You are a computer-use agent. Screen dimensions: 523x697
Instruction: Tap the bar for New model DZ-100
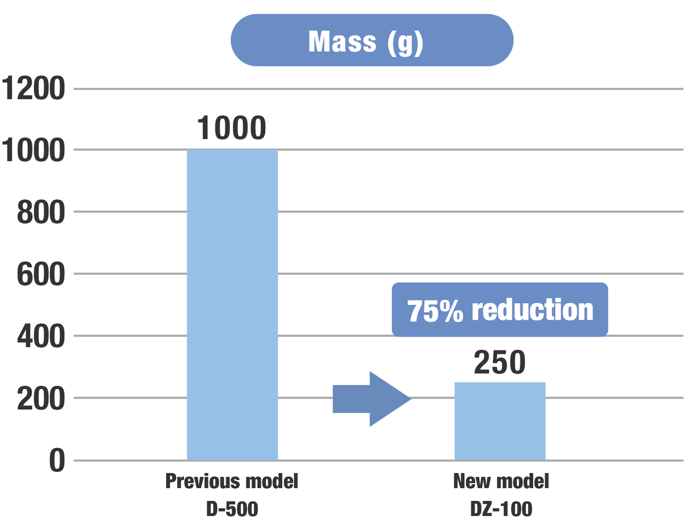[500, 421]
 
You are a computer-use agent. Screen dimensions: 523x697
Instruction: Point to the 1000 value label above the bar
[231, 128]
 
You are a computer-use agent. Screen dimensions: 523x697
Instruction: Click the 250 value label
[500, 362]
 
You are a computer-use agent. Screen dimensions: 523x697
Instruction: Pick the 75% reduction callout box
[500, 310]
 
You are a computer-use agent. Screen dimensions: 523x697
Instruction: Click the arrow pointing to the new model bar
[372, 399]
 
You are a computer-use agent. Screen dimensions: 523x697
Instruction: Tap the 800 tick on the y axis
[39, 212]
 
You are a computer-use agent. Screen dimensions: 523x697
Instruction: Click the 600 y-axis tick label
[39, 274]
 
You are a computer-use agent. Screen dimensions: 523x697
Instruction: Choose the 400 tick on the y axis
[39, 336]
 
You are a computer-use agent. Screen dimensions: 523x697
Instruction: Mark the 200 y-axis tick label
[39, 399]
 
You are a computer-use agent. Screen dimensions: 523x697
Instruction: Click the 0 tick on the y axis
[56, 461]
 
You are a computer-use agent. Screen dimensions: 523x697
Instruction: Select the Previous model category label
[232, 482]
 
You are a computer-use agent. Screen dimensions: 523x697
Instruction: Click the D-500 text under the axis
[232, 509]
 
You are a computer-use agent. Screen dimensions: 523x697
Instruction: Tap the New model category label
[501, 482]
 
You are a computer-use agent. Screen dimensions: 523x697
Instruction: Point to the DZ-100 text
[501, 509]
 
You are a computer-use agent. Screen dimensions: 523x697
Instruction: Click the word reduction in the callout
[532, 310]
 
